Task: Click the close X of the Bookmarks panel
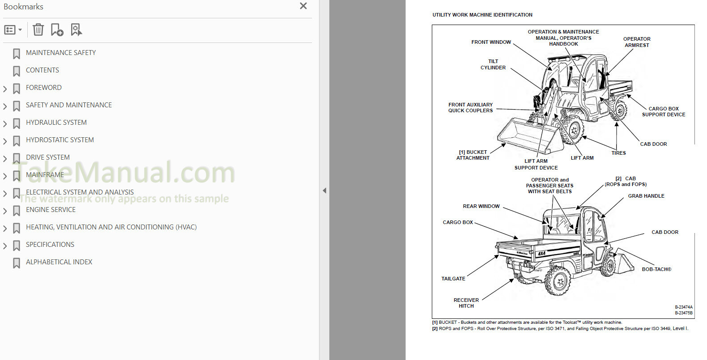(x=303, y=6)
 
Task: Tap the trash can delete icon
(x=38, y=30)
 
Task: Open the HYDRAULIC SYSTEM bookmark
(x=56, y=123)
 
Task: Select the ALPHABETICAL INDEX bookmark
(x=59, y=262)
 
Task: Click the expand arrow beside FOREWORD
(x=5, y=89)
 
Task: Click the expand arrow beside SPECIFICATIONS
(x=5, y=246)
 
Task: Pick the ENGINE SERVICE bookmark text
(x=51, y=209)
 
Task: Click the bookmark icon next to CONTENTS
(x=17, y=71)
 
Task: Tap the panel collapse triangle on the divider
(x=324, y=191)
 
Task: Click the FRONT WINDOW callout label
(x=491, y=42)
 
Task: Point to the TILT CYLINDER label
(x=493, y=64)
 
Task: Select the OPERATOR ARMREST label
(x=637, y=42)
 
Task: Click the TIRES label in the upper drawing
(x=618, y=153)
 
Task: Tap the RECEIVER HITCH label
(x=466, y=303)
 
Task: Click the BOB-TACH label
(x=656, y=269)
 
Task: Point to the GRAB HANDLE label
(x=646, y=196)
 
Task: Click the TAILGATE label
(x=453, y=279)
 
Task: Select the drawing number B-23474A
(x=684, y=307)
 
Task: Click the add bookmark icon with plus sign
(x=57, y=30)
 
